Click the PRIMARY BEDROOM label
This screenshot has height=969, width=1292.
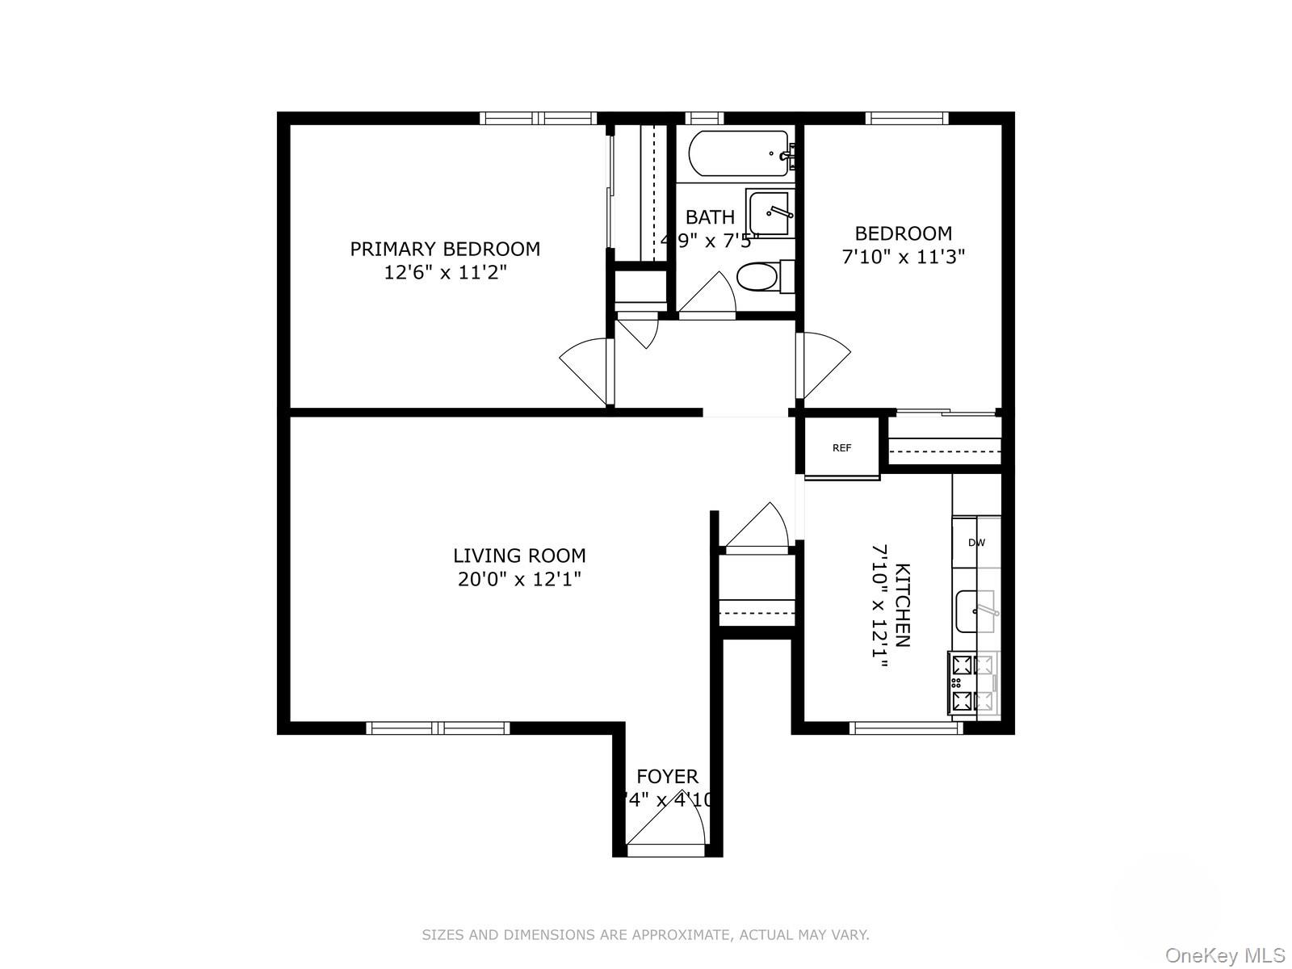(445, 249)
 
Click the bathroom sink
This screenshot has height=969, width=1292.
(770, 213)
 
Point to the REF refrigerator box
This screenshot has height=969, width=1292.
(841, 447)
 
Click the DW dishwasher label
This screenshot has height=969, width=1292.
(976, 543)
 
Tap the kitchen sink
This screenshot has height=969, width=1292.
(975, 611)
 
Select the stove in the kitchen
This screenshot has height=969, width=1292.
(972, 683)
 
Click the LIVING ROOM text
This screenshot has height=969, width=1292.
(519, 556)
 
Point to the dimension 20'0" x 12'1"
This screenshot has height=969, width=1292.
(519, 579)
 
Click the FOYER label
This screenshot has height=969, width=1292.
(667, 777)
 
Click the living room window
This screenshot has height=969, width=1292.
(438, 728)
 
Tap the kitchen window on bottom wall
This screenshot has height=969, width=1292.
(907, 728)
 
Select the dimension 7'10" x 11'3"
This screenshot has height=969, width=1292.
(903, 257)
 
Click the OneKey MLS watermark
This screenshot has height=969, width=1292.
(1224, 956)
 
